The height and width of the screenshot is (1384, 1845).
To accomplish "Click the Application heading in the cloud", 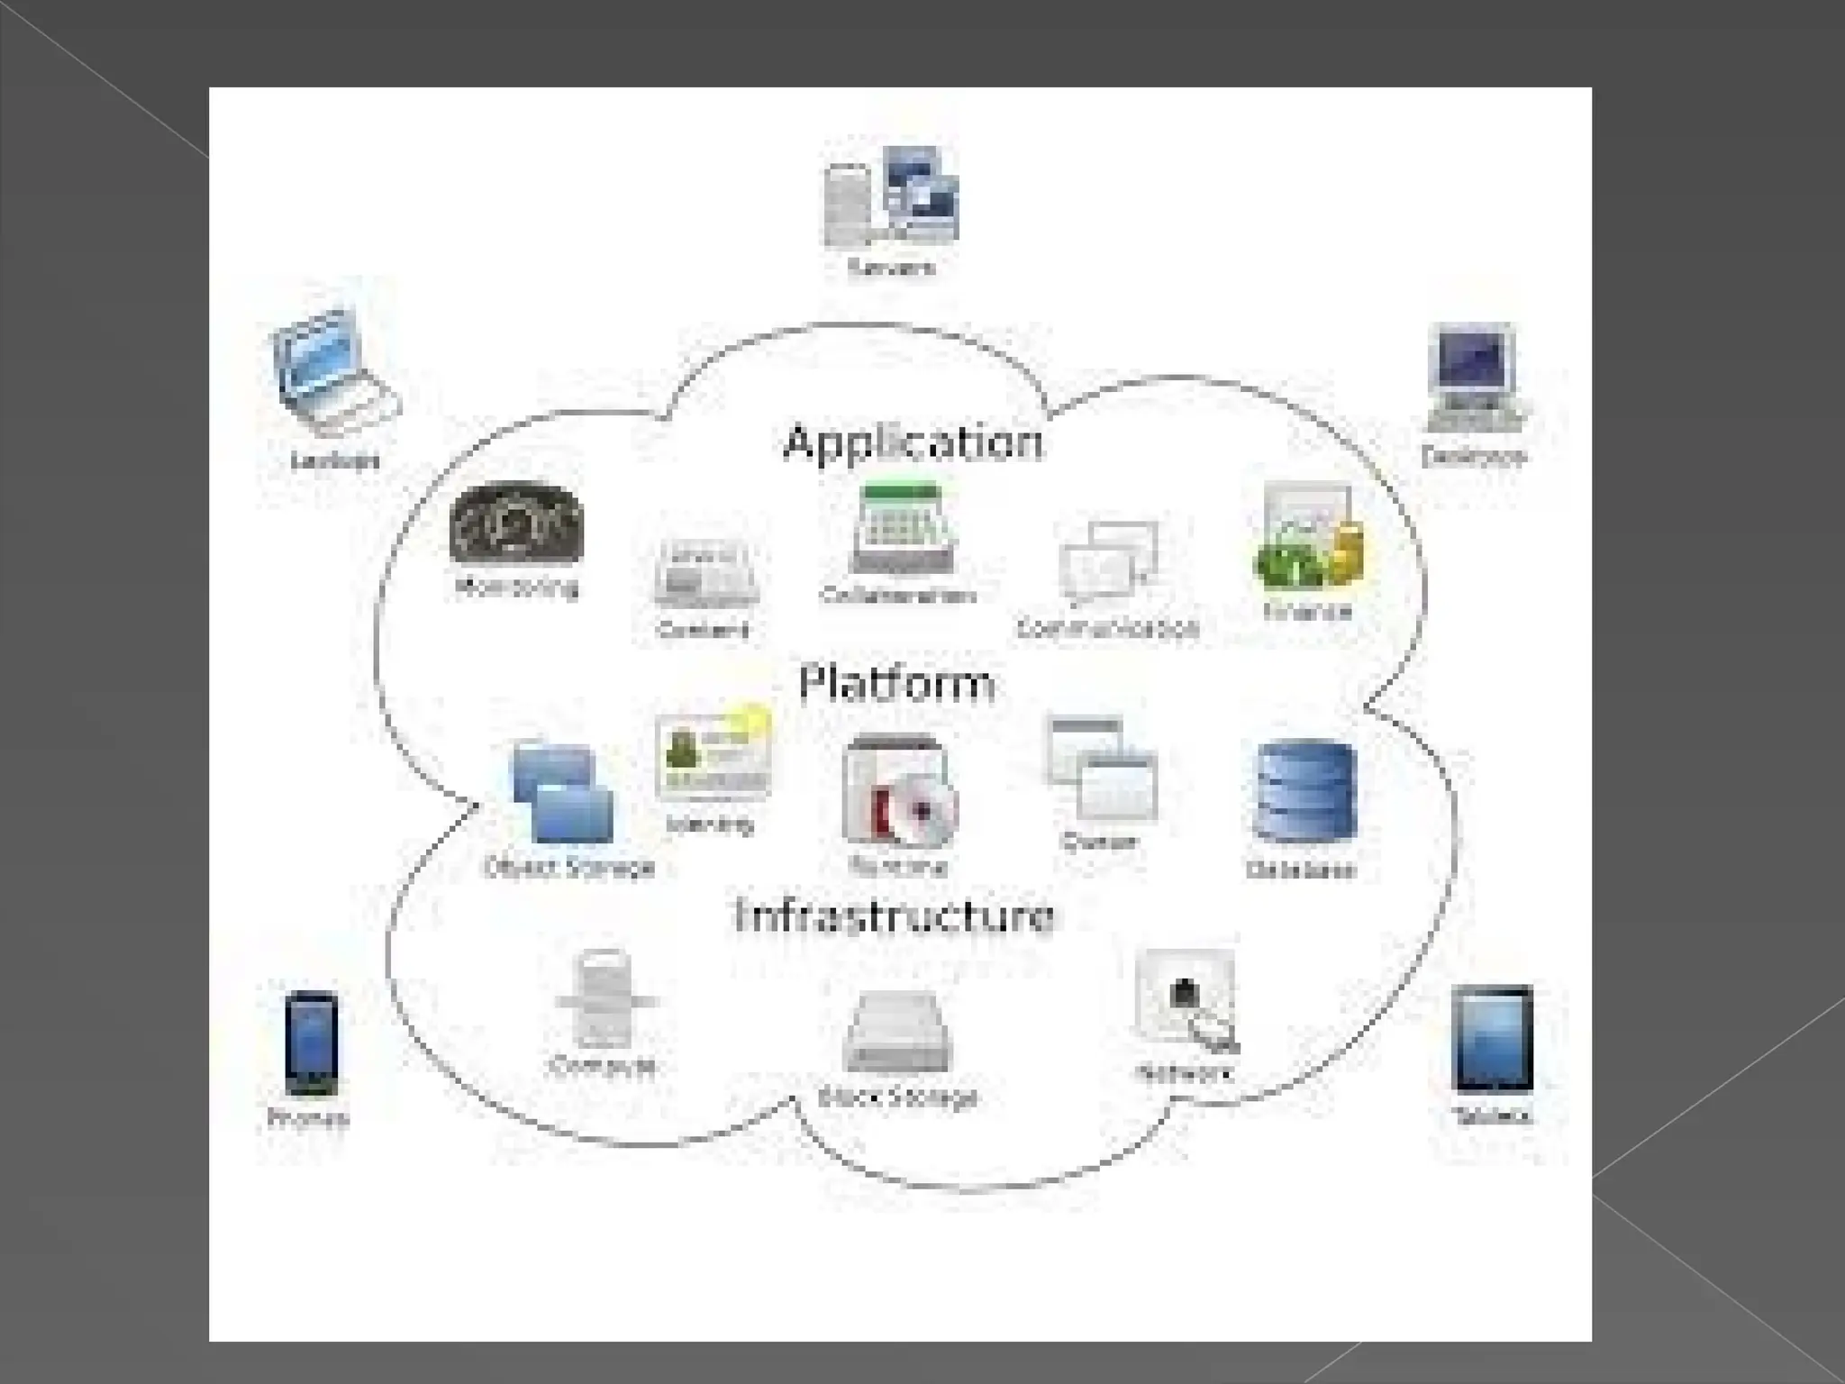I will tap(913, 443).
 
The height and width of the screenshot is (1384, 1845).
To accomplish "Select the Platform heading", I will tap(897, 683).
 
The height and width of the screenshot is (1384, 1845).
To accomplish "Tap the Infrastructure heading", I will tap(895, 915).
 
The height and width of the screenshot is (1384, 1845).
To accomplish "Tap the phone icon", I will tap(312, 1043).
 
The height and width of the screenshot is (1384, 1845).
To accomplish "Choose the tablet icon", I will tap(1492, 1039).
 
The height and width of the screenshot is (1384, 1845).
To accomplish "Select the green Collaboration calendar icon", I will tap(903, 530).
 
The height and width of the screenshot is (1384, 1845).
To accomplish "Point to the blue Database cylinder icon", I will tap(1304, 792).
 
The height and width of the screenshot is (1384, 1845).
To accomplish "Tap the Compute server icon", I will tap(604, 1000).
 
